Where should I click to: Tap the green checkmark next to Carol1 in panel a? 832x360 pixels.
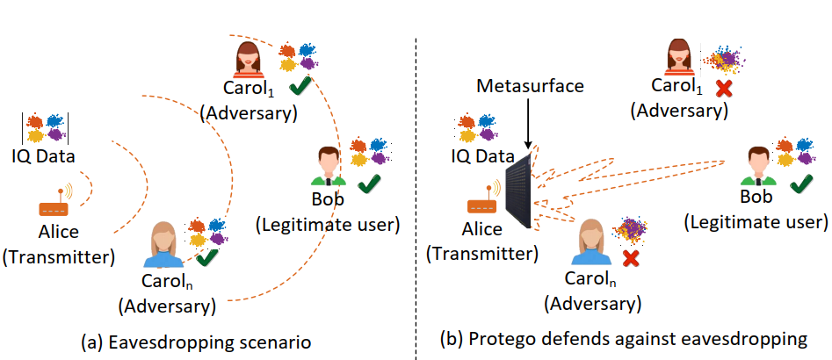[x=299, y=86]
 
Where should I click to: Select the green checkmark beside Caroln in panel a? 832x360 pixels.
[x=207, y=258]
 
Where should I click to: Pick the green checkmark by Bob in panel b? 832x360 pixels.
[x=800, y=184]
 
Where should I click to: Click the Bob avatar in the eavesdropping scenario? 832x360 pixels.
[x=328, y=167]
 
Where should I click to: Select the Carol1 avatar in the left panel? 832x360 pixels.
[x=249, y=60]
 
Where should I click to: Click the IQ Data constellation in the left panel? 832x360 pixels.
[x=46, y=129]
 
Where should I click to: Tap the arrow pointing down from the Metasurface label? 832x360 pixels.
[x=525, y=122]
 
